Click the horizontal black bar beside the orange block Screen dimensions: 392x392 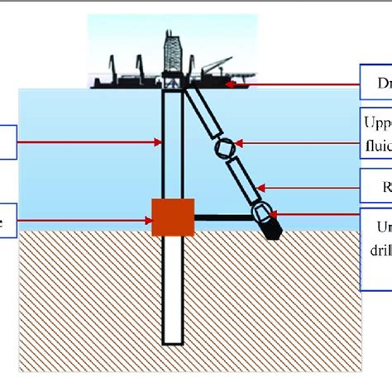(x=223, y=218)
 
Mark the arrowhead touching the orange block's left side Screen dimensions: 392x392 (x=146, y=219)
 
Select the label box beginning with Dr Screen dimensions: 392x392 (x=376, y=84)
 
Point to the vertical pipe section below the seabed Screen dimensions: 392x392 (x=172, y=289)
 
